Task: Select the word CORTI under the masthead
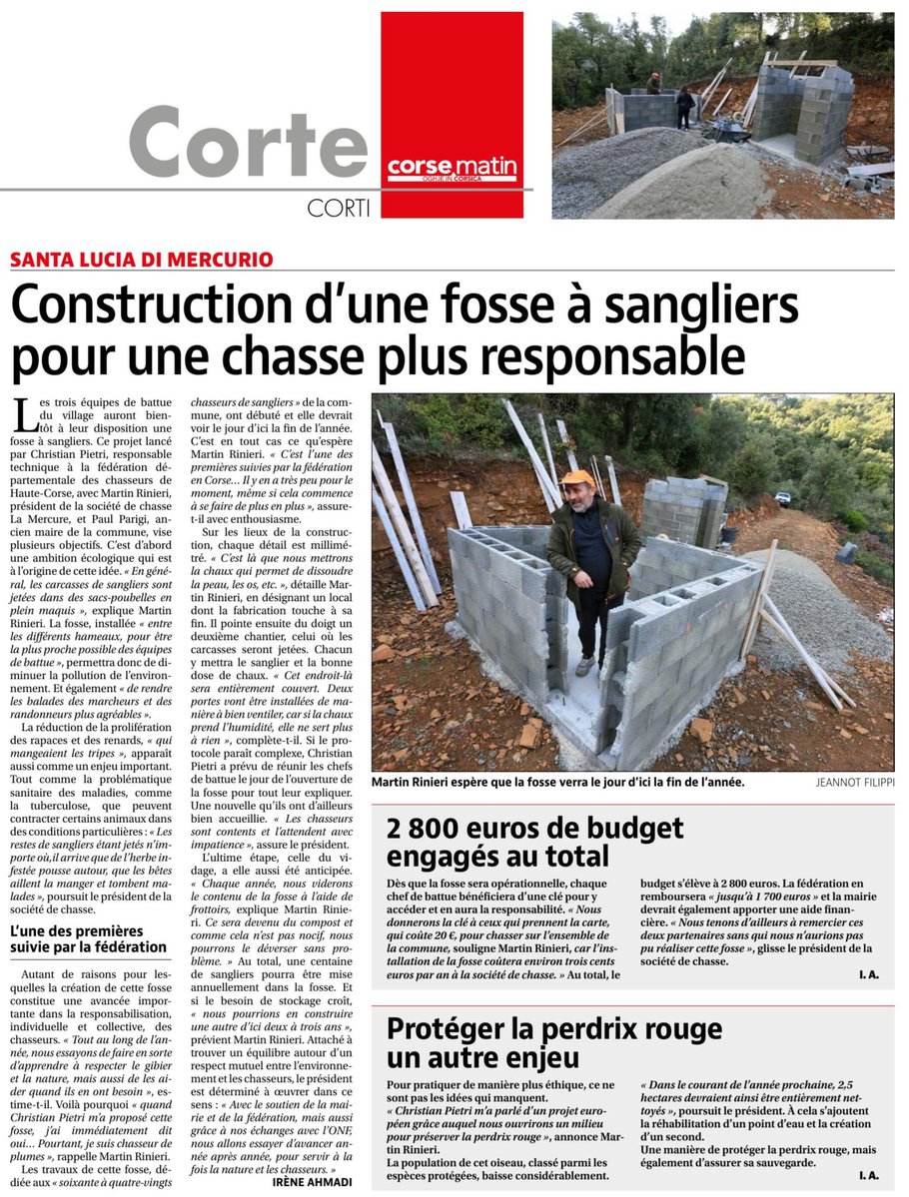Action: tap(341, 208)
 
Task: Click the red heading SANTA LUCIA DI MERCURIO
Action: tap(142, 260)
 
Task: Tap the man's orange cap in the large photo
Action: tap(577, 479)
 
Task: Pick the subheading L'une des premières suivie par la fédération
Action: tap(89, 938)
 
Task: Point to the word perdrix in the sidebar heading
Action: tap(605, 1028)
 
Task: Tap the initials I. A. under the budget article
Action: tap(867, 973)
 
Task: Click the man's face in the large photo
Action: tap(579, 496)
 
